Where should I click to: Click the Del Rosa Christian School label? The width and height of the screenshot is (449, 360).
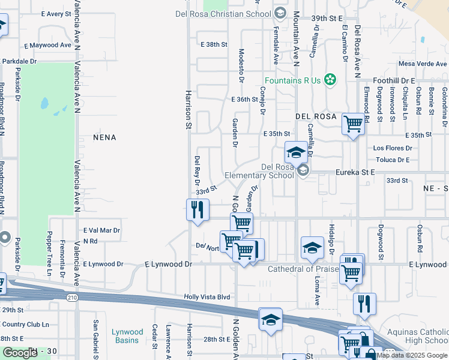tap(224, 13)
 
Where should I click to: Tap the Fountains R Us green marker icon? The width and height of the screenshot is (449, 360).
tap(330, 79)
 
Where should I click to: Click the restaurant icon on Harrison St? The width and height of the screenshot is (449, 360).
tap(197, 210)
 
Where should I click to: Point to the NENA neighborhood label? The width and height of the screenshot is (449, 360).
tap(104, 137)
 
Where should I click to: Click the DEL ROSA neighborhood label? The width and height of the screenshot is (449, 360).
tap(315, 116)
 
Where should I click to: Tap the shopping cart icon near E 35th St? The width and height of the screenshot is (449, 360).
tap(354, 125)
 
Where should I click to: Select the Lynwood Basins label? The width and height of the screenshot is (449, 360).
tap(127, 336)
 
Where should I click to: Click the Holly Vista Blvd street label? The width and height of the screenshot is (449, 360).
tap(207, 296)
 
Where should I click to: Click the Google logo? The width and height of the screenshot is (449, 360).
tap(20, 353)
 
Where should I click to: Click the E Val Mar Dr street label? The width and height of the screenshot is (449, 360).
tap(101, 230)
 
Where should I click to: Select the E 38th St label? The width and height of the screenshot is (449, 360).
tap(214, 44)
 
